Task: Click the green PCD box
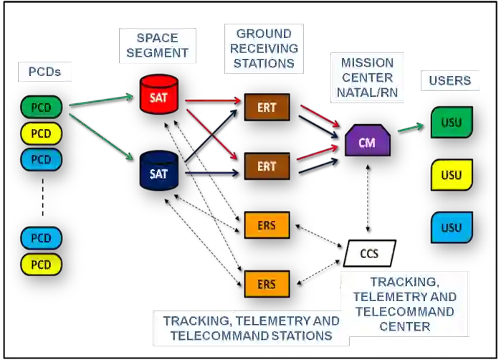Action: click(42, 108)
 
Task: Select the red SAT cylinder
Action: click(158, 95)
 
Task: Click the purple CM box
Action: click(367, 141)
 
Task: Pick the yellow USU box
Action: click(452, 175)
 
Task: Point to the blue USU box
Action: click(452, 227)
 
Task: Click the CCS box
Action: click(369, 253)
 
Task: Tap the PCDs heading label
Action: click(44, 72)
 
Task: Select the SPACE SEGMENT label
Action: click(157, 45)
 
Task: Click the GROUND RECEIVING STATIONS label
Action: click(264, 48)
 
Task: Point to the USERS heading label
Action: click(449, 80)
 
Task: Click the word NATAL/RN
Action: click(367, 93)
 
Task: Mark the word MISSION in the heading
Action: click(367, 62)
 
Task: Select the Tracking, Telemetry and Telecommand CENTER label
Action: click(404, 304)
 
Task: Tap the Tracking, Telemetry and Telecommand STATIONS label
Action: click(251, 328)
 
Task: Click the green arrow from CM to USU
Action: click(410, 126)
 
